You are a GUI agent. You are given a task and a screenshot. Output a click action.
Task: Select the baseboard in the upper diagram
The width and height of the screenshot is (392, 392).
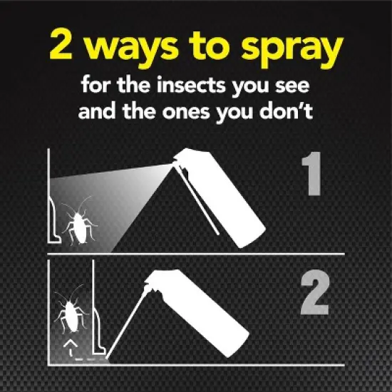(53, 221)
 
